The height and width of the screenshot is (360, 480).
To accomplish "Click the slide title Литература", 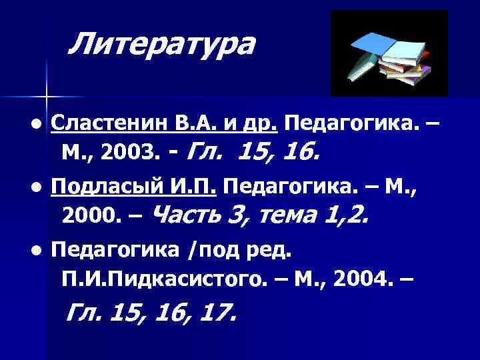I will click(162, 45).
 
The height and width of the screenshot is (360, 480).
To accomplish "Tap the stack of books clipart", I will click(389, 55).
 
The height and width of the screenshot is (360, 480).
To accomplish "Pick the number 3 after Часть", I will click(236, 215).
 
